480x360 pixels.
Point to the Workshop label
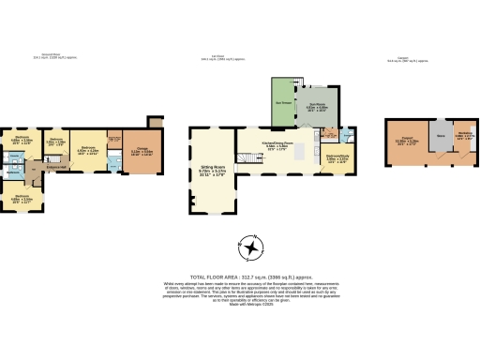tap(464, 134)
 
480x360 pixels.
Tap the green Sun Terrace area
tap(278, 101)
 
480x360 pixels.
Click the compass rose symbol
tap(251, 248)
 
